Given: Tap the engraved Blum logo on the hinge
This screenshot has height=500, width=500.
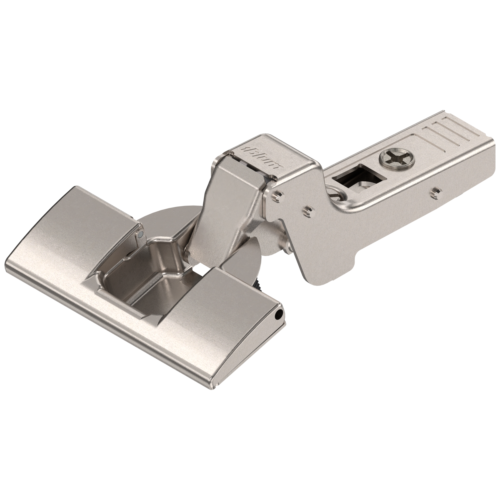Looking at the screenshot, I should point(262,157).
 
